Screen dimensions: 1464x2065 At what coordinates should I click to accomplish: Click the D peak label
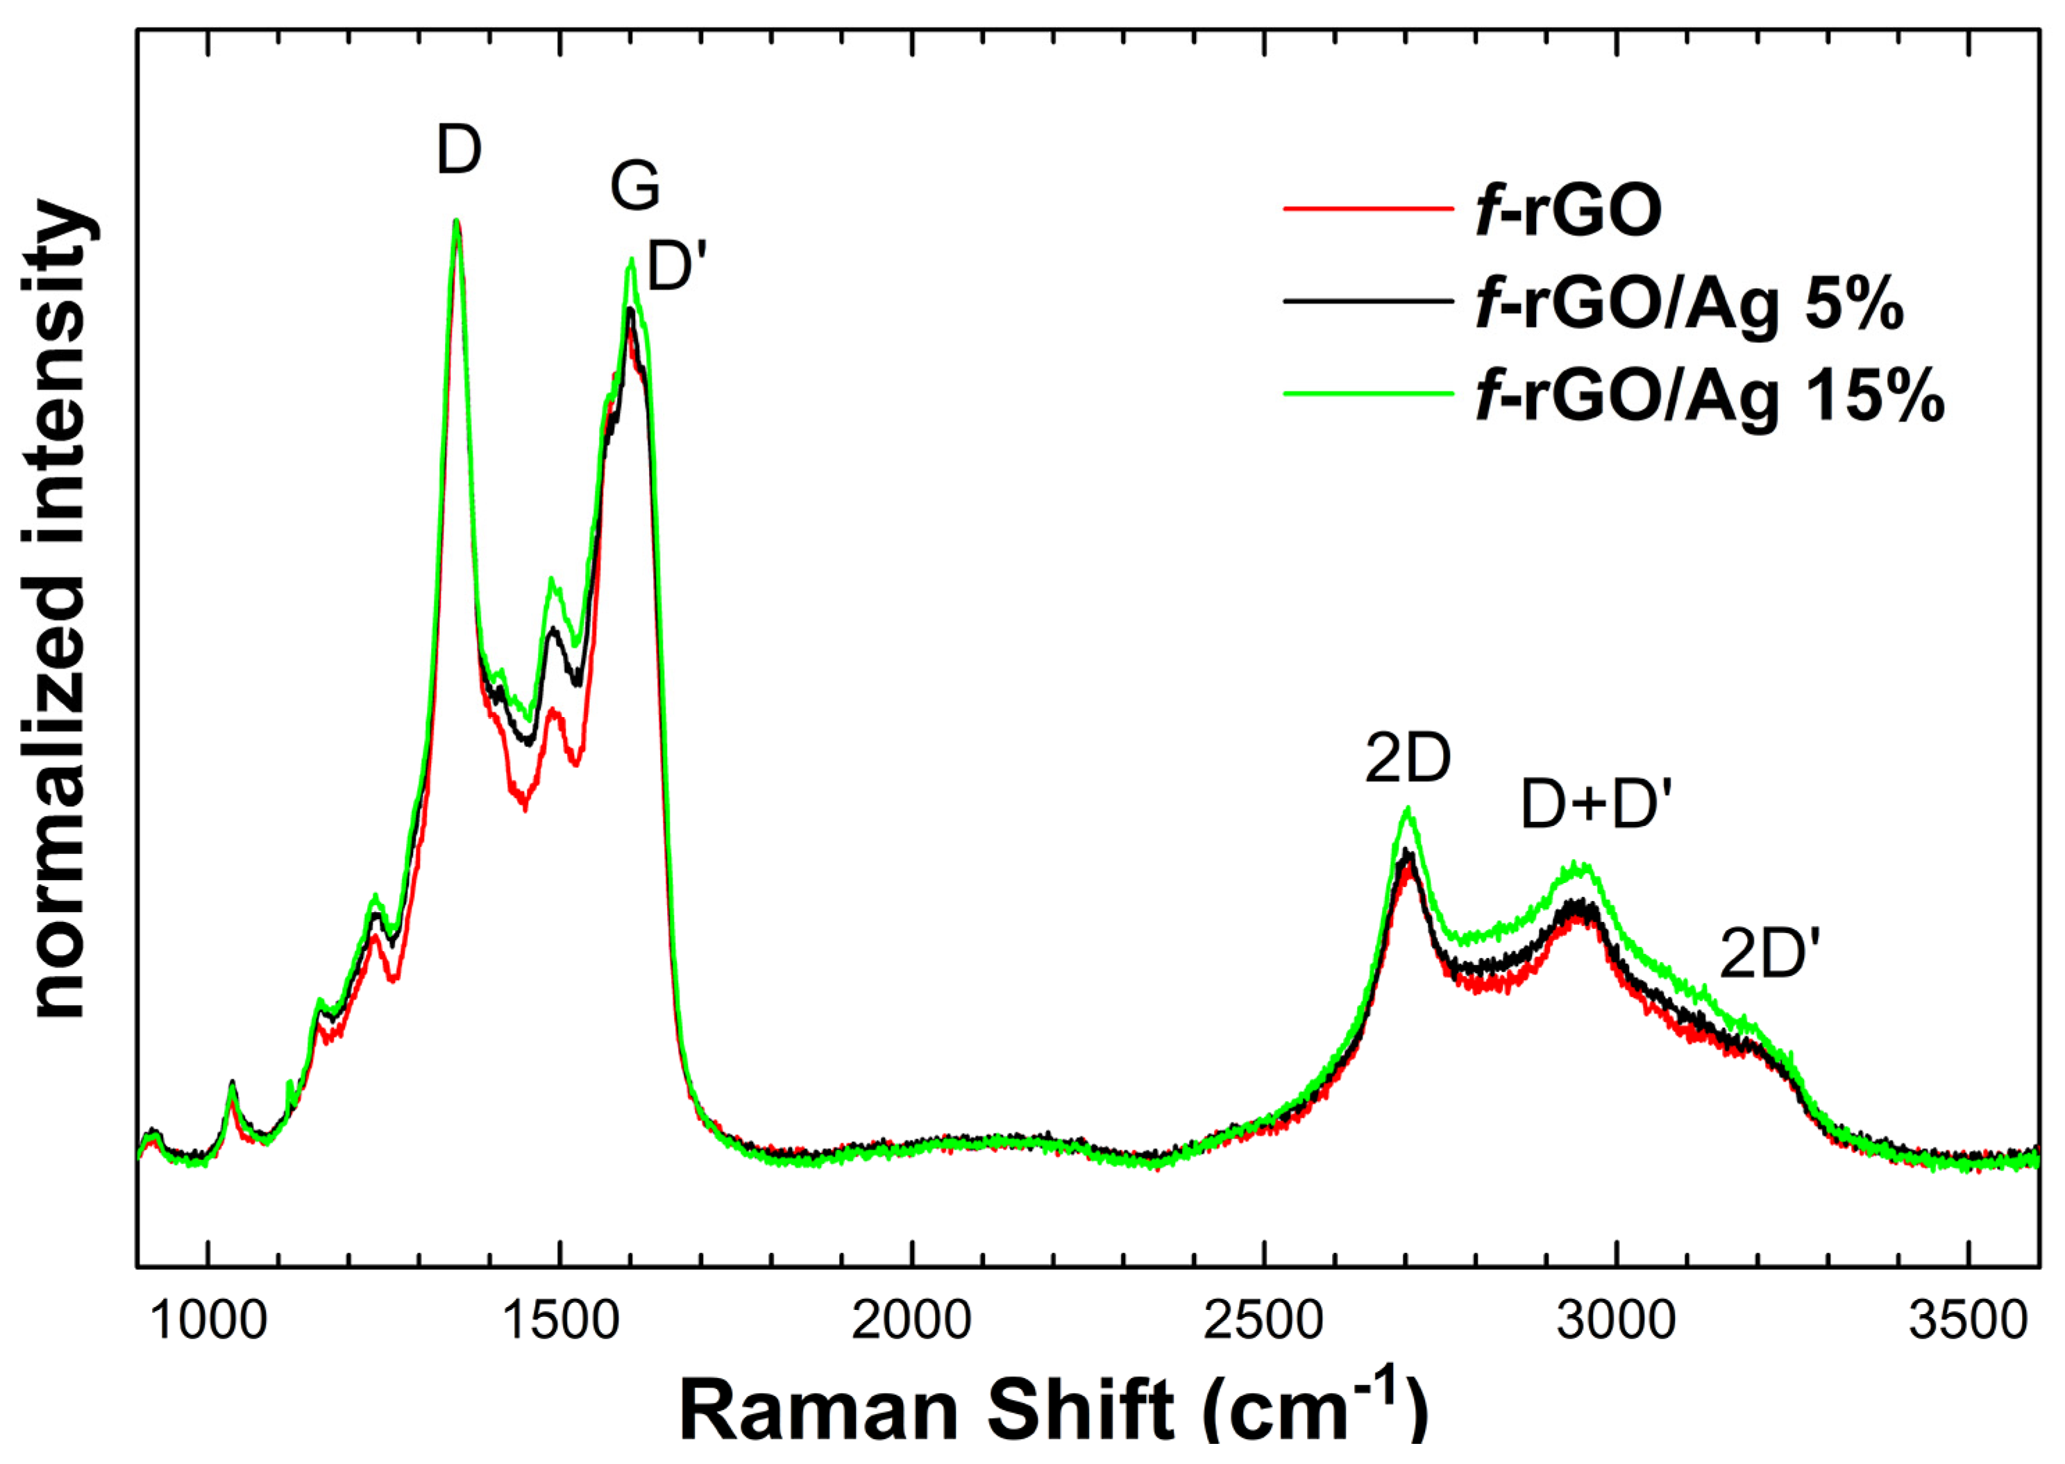(459, 151)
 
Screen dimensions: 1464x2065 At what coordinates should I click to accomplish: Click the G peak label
(634, 187)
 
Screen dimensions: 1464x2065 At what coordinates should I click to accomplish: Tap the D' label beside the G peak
(674, 268)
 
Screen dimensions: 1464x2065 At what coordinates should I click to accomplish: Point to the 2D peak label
(1407, 760)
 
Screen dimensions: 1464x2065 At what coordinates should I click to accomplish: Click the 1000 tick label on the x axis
(209, 1322)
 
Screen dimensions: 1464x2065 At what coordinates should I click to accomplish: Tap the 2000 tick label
(912, 1322)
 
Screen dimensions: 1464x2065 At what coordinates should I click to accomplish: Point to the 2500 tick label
(1264, 1322)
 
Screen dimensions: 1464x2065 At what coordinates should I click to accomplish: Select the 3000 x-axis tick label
(1616, 1322)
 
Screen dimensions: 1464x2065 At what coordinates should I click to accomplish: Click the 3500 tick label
(1968, 1322)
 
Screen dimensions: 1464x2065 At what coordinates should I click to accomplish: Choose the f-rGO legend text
(1568, 212)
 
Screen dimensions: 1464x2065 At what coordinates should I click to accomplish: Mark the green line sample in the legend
(1368, 393)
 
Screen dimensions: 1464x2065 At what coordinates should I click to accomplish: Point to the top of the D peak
(456, 221)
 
